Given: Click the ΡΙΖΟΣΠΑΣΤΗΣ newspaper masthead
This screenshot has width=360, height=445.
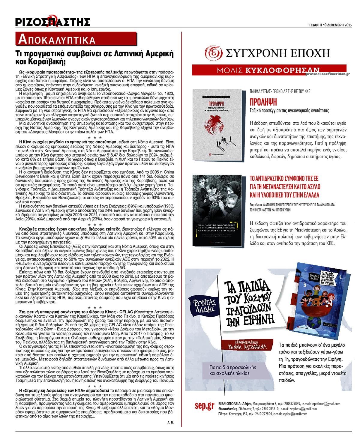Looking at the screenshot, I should click(x=53, y=22).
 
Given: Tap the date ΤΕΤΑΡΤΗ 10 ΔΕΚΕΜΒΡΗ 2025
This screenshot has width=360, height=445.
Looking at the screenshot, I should click(x=330, y=25).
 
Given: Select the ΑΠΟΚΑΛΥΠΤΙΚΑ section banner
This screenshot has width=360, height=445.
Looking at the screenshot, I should click(x=57, y=39).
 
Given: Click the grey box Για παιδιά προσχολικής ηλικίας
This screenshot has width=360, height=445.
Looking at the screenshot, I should click(x=229, y=370).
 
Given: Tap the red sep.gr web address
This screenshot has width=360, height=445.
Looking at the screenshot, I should click(x=204, y=406).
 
